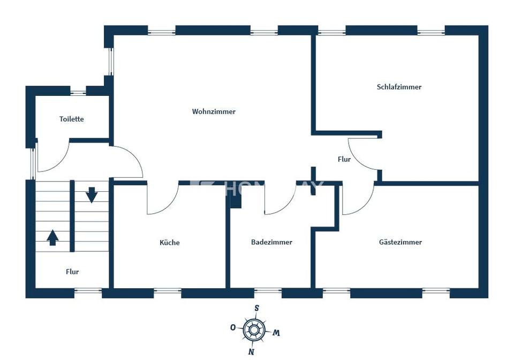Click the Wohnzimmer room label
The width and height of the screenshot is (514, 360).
(x=214, y=111)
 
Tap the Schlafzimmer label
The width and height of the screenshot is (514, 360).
(x=399, y=87)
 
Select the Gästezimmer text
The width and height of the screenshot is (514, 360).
(x=400, y=242)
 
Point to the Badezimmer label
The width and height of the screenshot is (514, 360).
(x=271, y=242)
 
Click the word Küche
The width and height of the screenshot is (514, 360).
(x=170, y=243)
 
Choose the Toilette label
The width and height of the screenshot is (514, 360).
(x=71, y=119)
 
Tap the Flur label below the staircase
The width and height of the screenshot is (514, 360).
(x=72, y=272)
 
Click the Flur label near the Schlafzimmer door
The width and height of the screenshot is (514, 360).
(x=344, y=159)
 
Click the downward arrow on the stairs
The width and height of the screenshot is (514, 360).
(x=92, y=194)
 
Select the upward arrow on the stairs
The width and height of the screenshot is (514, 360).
(x=52, y=237)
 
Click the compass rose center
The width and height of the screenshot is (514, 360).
(x=254, y=329)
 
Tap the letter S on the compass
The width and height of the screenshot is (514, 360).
(x=257, y=308)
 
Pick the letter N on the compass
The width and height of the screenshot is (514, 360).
(x=251, y=351)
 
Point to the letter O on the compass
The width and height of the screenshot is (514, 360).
(x=233, y=327)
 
